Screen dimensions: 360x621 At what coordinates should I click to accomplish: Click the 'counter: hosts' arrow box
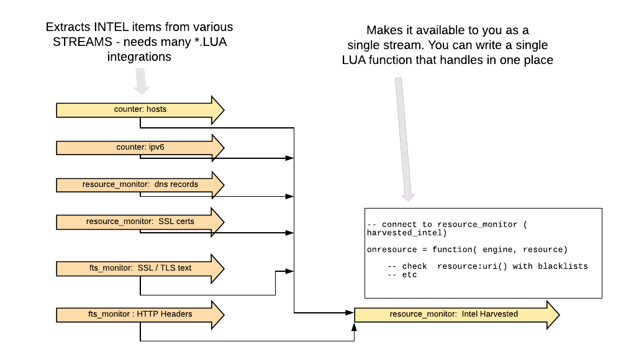pos(140,110)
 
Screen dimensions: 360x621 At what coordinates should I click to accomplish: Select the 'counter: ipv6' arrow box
pos(140,148)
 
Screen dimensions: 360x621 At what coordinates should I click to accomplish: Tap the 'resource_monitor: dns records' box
pos(140,185)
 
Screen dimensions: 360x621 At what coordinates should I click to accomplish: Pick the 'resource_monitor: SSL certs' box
pos(140,222)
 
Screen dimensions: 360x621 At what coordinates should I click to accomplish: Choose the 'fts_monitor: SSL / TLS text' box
pos(140,268)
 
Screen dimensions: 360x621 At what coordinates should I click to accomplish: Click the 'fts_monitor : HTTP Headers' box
pos(140,315)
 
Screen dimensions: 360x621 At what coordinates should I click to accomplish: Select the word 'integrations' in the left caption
pos(138,56)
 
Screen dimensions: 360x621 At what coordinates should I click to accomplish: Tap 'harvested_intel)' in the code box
pos(407,232)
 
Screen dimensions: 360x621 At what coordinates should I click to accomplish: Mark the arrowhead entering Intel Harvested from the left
pos(350,312)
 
